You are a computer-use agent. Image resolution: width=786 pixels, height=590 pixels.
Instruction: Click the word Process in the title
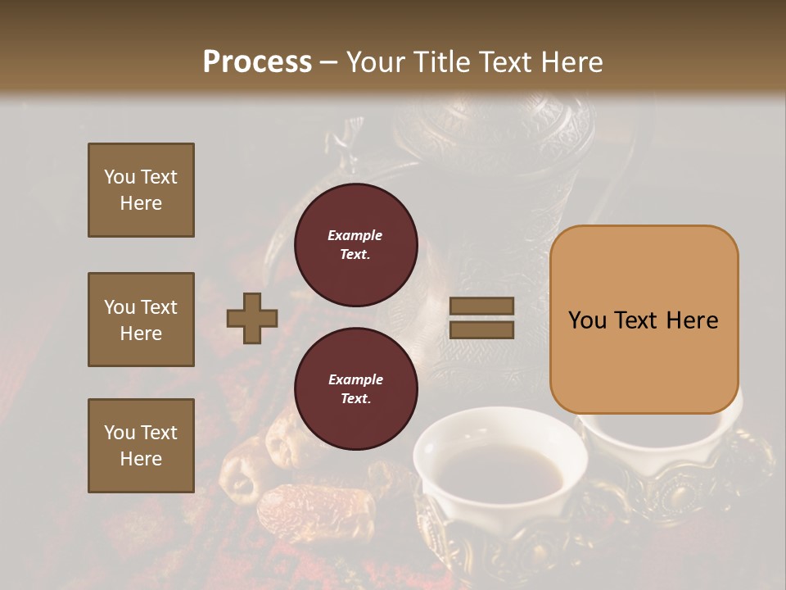[257, 61]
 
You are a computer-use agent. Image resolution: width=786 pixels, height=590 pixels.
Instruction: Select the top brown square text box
[141, 190]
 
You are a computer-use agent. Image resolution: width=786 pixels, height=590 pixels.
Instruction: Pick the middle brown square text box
[141, 320]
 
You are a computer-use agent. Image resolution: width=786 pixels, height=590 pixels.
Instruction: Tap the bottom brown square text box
[141, 445]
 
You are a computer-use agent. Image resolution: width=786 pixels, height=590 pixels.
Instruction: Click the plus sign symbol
[252, 318]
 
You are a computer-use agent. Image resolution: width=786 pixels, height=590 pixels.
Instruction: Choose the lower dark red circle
[356, 388]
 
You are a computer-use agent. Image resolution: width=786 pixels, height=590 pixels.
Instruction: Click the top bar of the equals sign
[481, 306]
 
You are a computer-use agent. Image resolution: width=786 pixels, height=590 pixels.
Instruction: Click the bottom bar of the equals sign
[481, 329]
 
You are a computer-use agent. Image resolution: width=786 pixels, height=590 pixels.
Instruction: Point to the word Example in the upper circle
[355, 235]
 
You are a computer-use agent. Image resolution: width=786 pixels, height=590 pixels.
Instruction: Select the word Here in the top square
[141, 203]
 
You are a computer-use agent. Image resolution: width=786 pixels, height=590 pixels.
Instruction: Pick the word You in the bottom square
[120, 432]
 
